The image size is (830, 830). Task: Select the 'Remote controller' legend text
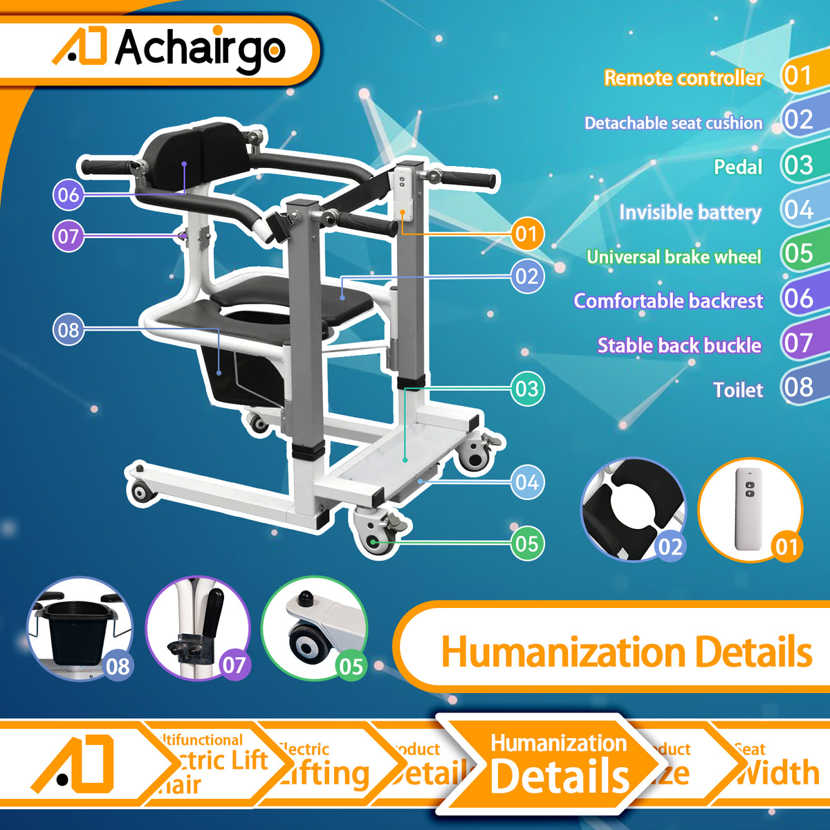(683, 78)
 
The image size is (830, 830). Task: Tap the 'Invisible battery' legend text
(690, 212)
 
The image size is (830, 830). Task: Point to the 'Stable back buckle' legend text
(679, 345)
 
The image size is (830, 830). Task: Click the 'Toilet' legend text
(738, 390)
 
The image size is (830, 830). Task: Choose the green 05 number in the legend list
(799, 254)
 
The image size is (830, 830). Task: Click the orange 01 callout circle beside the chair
(527, 234)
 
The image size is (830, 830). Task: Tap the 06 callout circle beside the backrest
(68, 194)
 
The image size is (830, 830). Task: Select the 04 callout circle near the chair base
(527, 482)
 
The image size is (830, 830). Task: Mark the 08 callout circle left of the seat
(68, 330)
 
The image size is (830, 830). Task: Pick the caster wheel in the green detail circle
(308, 643)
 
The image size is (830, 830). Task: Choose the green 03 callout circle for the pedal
(527, 389)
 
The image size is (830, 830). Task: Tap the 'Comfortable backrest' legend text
(668, 301)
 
